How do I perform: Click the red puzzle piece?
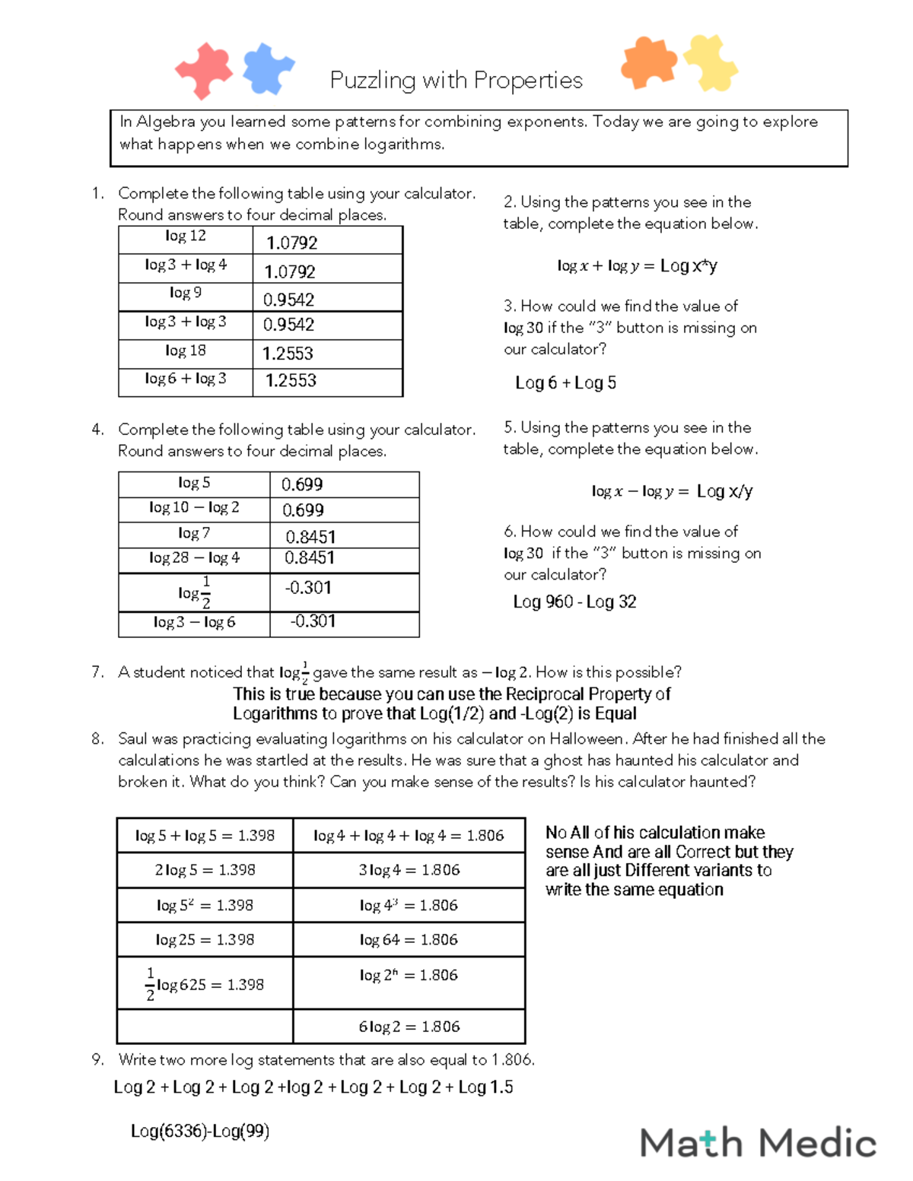click(x=203, y=70)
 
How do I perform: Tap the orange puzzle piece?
click(x=648, y=62)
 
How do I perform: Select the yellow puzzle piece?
click(x=711, y=62)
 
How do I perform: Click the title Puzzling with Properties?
click(x=456, y=80)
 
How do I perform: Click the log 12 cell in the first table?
click(x=186, y=237)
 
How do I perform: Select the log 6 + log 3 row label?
click(x=186, y=379)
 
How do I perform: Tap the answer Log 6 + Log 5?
click(x=565, y=383)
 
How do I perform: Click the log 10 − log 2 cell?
click(x=194, y=508)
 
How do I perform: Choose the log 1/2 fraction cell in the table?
click(x=194, y=592)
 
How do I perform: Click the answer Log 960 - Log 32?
click(x=574, y=602)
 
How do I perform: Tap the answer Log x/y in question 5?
click(x=724, y=492)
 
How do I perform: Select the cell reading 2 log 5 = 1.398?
click(x=205, y=870)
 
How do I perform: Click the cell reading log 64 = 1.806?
click(x=409, y=940)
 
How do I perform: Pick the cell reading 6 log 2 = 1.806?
click(x=409, y=1027)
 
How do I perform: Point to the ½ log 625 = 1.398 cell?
click(x=205, y=984)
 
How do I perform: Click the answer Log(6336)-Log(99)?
click(x=200, y=1132)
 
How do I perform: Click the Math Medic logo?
click(x=758, y=1143)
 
